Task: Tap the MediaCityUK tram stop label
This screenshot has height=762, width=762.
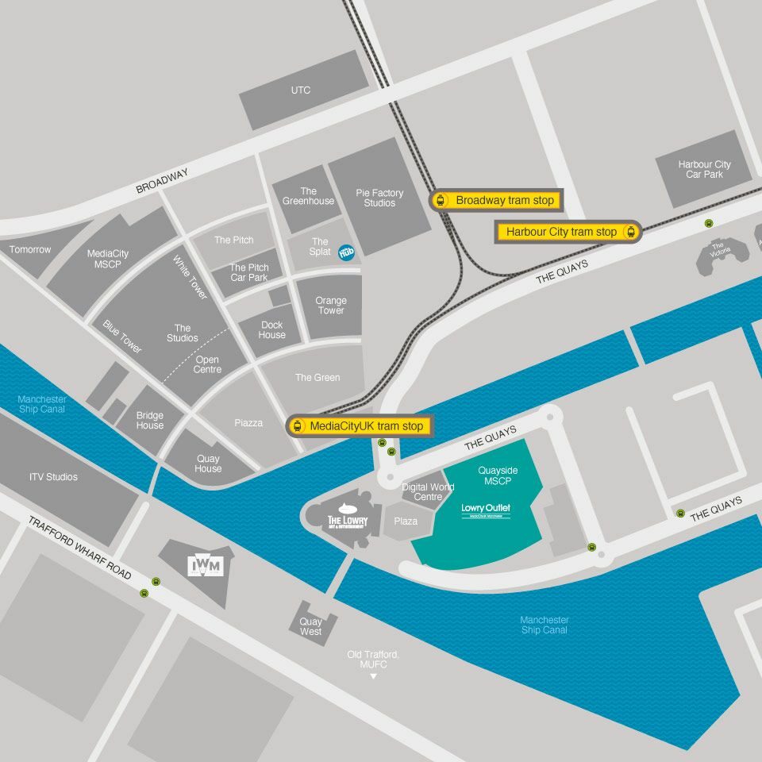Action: pyautogui.click(x=360, y=426)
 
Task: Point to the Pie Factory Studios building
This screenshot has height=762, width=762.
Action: pyautogui.click(x=379, y=198)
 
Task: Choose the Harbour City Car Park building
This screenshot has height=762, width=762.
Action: pyautogui.click(x=704, y=169)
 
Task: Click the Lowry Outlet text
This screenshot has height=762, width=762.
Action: pyautogui.click(x=486, y=509)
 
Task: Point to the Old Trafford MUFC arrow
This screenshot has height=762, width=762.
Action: pyautogui.click(x=373, y=676)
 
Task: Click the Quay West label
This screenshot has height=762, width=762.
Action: pyautogui.click(x=310, y=627)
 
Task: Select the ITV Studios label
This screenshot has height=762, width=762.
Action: pyautogui.click(x=53, y=477)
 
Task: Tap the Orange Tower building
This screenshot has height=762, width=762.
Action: pyautogui.click(x=330, y=306)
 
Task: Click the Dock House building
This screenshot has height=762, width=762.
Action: pyautogui.click(x=271, y=330)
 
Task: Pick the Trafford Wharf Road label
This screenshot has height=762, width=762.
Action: pyautogui.click(x=79, y=548)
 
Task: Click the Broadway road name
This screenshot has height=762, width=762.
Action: pyautogui.click(x=162, y=182)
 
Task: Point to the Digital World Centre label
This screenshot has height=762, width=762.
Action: pyautogui.click(x=428, y=492)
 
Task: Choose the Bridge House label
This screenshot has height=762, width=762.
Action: pyautogui.click(x=149, y=420)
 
